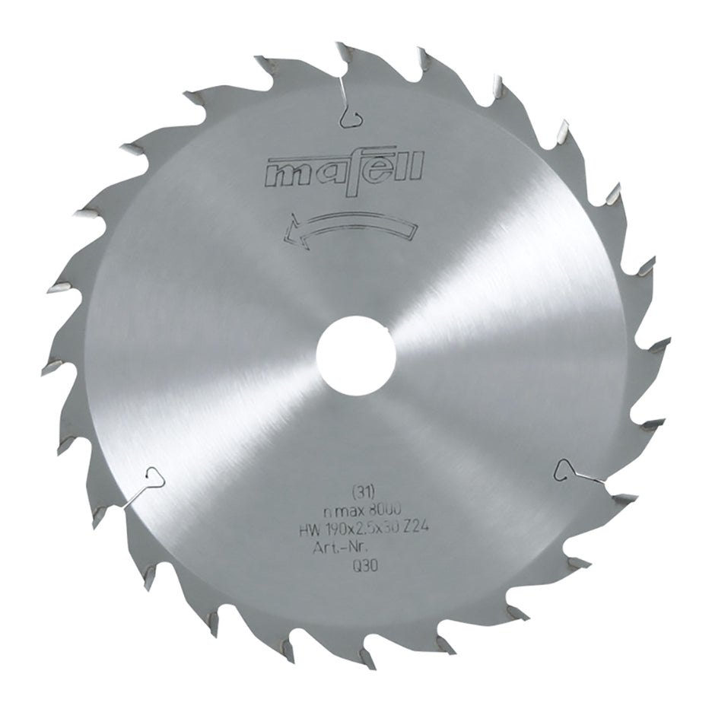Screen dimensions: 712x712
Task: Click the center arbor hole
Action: pos(355,355)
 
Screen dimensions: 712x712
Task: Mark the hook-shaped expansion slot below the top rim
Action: pos(351,114)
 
